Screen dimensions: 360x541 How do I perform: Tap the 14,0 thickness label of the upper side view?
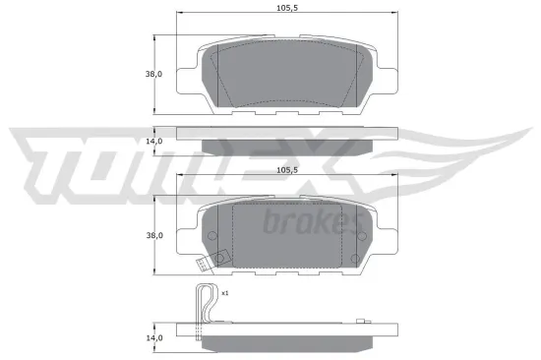pos(151,142)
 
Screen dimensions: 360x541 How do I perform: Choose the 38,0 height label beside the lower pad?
pos(151,235)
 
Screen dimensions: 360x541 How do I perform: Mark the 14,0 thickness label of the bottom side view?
pos(151,338)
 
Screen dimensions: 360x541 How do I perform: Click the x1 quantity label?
pos(224,293)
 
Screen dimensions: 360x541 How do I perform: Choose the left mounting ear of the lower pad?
pos(186,236)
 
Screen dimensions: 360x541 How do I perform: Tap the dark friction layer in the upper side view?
pos(285,147)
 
